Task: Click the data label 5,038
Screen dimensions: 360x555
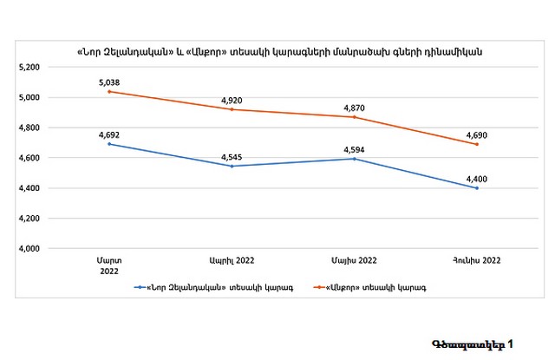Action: coord(108,82)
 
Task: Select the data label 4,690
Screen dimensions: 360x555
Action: coord(476,134)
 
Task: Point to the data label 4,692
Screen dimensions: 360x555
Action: coord(108,134)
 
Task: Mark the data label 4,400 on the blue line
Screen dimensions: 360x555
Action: coord(476,179)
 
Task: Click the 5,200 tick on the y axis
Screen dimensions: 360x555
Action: coord(29,67)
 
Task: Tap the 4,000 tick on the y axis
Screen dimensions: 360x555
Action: coord(29,249)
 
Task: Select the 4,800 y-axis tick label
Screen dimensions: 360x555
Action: coord(29,128)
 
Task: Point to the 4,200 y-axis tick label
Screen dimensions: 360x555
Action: coord(29,219)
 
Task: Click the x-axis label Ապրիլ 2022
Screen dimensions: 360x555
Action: coord(232,260)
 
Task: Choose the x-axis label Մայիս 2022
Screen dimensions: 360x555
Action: coord(354,260)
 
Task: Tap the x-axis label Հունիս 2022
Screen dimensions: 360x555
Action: coord(477,260)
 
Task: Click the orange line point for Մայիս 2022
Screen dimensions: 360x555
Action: coord(354,116)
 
